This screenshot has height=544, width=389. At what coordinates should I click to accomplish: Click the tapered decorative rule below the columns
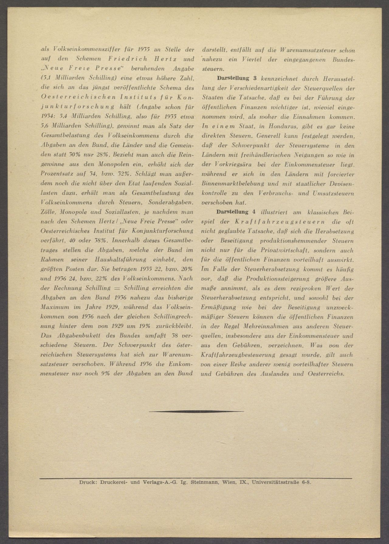click(x=196, y=411)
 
